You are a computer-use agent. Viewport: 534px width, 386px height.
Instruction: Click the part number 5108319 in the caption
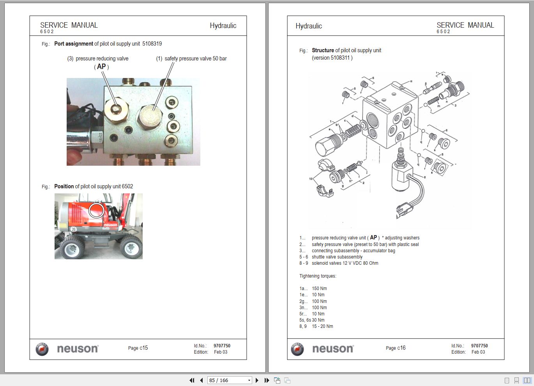[x=152, y=44]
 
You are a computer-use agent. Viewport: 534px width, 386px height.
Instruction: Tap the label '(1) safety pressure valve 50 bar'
[x=191, y=58]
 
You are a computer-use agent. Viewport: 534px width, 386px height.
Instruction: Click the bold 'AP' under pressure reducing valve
[x=101, y=67]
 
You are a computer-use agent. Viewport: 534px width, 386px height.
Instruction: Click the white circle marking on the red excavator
[x=96, y=211]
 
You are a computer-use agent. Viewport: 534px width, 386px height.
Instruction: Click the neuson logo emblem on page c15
[x=42, y=349]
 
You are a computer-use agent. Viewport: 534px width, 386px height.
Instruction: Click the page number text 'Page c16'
[x=396, y=348]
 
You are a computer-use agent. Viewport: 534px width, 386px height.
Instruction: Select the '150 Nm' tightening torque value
[x=319, y=289]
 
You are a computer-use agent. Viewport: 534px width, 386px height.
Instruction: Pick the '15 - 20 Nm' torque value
[x=322, y=326]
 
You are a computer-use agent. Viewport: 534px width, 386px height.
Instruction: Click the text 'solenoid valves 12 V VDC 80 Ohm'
[x=345, y=263]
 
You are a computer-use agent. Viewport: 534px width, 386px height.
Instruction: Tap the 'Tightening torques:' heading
[x=318, y=276]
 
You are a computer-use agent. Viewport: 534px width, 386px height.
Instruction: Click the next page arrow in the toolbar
[x=257, y=380]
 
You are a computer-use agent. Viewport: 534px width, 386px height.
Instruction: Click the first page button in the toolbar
[x=192, y=380]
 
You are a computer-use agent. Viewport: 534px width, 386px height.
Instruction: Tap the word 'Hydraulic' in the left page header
[x=223, y=26]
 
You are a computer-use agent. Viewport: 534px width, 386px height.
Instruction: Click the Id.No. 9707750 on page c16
[x=479, y=346]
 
